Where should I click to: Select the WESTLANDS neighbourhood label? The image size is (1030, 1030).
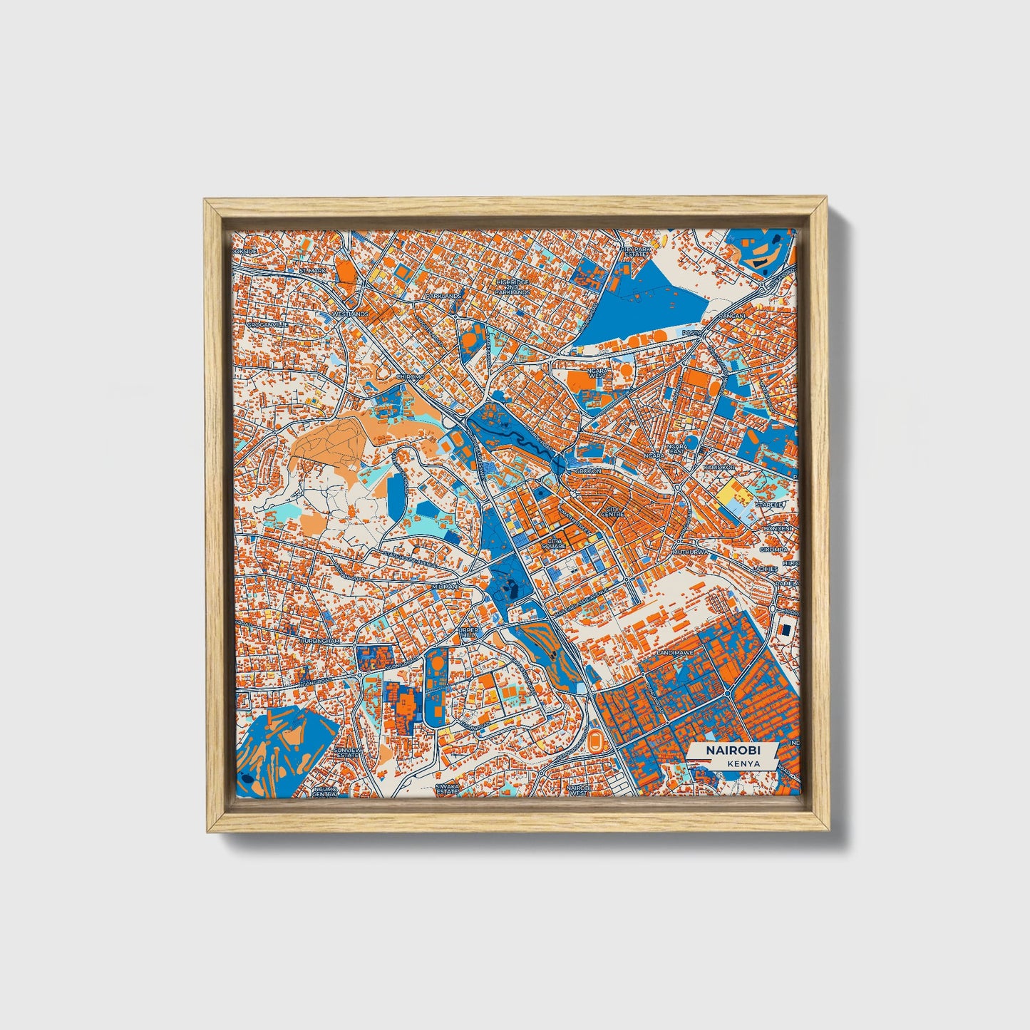(x=350, y=314)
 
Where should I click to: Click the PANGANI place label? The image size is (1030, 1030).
(x=731, y=315)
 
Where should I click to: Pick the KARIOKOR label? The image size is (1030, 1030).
(x=719, y=467)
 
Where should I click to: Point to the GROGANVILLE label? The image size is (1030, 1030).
(x=268, y=324)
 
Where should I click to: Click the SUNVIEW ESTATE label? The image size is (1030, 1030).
(x=347, y=753)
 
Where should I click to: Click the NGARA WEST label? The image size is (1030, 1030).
(x=597, y=373)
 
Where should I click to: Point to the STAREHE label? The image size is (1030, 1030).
(x=770, y=504)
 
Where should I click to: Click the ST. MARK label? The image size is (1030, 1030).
(x=311, y=271)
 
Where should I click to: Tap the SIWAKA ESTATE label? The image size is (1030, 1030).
(x=447, y=789)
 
